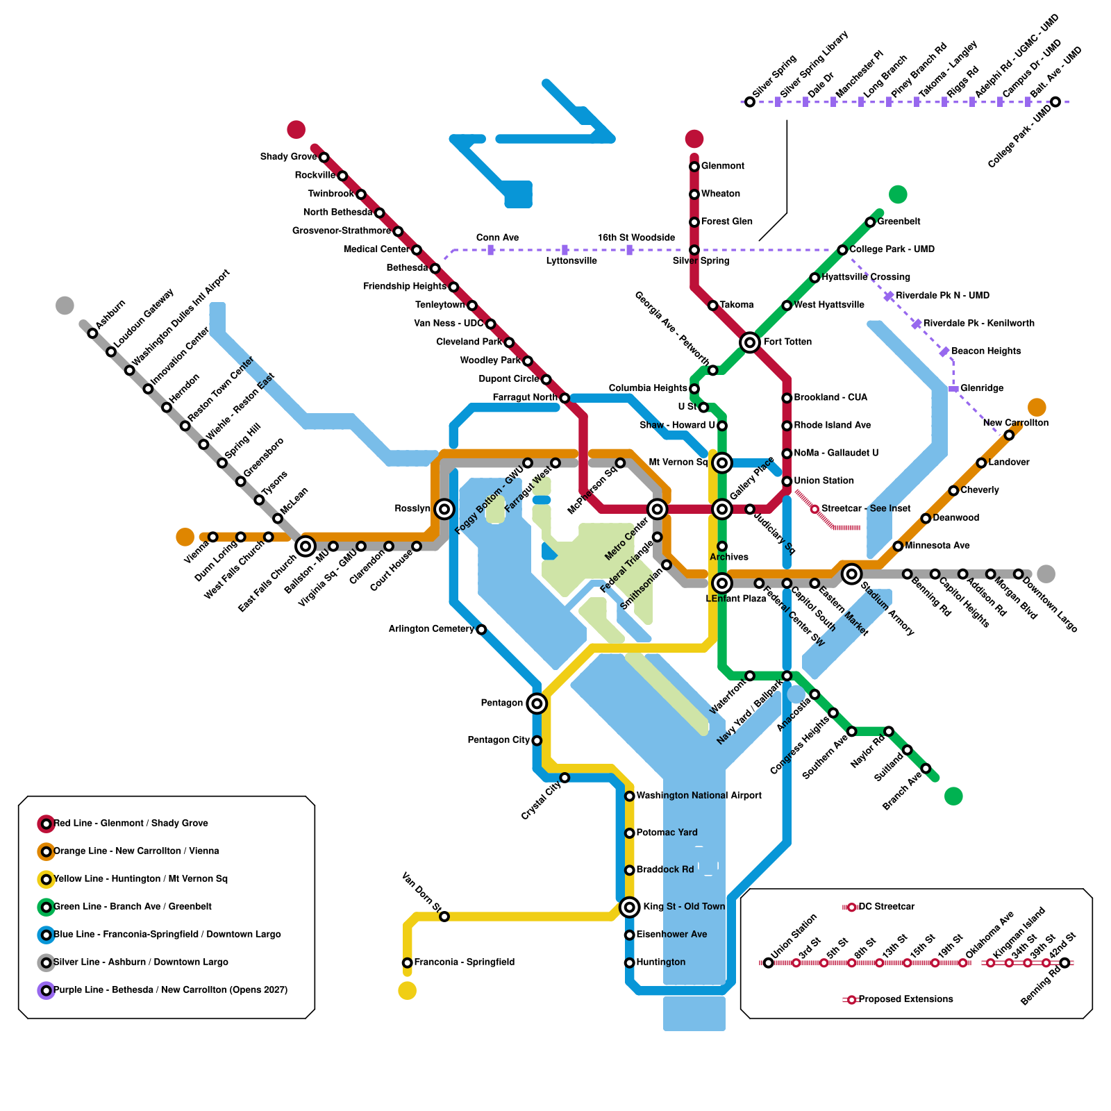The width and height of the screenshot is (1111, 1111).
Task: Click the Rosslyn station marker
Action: [444, 509]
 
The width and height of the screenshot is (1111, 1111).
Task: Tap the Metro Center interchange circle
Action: [657, 509]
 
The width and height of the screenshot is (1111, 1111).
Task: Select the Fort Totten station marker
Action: [749, 342]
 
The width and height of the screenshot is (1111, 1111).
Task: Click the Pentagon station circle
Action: [536, 703]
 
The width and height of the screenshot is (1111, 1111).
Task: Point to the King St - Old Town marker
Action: [629, 907]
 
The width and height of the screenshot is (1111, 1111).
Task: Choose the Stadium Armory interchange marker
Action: [851, 574]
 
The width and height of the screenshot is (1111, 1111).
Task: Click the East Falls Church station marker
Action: [306, 546]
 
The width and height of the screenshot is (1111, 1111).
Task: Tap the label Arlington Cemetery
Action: [431, 629]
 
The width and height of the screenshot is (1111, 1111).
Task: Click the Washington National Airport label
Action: [699, 796]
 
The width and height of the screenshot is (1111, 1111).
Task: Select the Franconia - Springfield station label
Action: [464, 962]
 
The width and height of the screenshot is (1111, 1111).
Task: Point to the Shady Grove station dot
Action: [324, 158]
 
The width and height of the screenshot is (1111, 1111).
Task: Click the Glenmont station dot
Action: [694, 167]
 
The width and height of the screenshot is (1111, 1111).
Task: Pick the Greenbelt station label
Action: [899, 222]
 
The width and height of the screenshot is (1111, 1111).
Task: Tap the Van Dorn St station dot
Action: [444, 917]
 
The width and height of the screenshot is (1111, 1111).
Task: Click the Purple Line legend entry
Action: [170, 990]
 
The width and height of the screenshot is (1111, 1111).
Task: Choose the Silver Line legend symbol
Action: [46, 962]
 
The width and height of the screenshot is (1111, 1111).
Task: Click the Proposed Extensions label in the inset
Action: [905, 999]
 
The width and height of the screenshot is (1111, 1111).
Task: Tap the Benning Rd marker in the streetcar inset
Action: [1064, 962]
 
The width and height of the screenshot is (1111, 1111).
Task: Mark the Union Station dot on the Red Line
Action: [787, 481]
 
